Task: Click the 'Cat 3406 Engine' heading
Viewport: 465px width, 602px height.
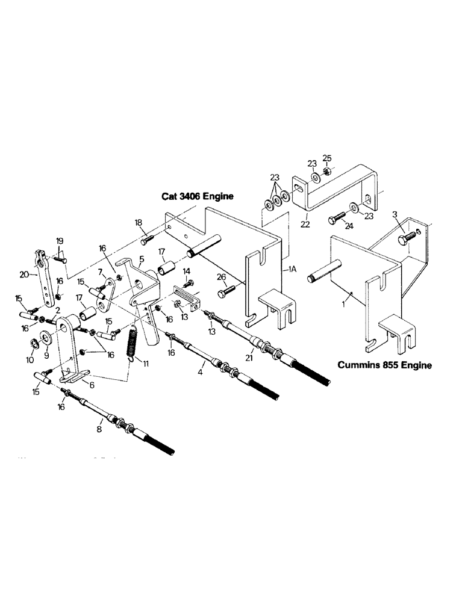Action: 197,196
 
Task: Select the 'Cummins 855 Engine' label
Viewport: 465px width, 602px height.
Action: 384,365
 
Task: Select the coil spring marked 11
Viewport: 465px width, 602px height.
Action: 133,343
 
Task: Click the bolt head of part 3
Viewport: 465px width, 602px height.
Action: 404,240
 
